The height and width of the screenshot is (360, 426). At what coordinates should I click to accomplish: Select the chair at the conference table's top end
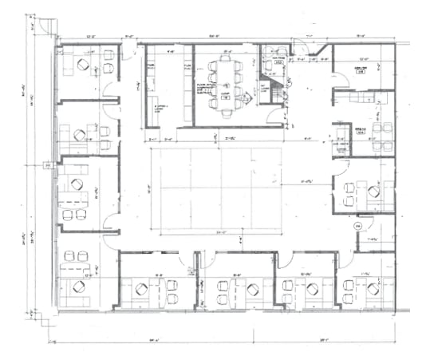click(227, 60)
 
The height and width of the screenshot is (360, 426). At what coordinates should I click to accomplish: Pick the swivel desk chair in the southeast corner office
click(349, 287)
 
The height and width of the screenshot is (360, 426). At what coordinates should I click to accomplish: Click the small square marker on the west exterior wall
click(48, 165)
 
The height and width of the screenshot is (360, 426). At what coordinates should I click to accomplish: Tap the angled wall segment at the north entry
click(322, 54)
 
